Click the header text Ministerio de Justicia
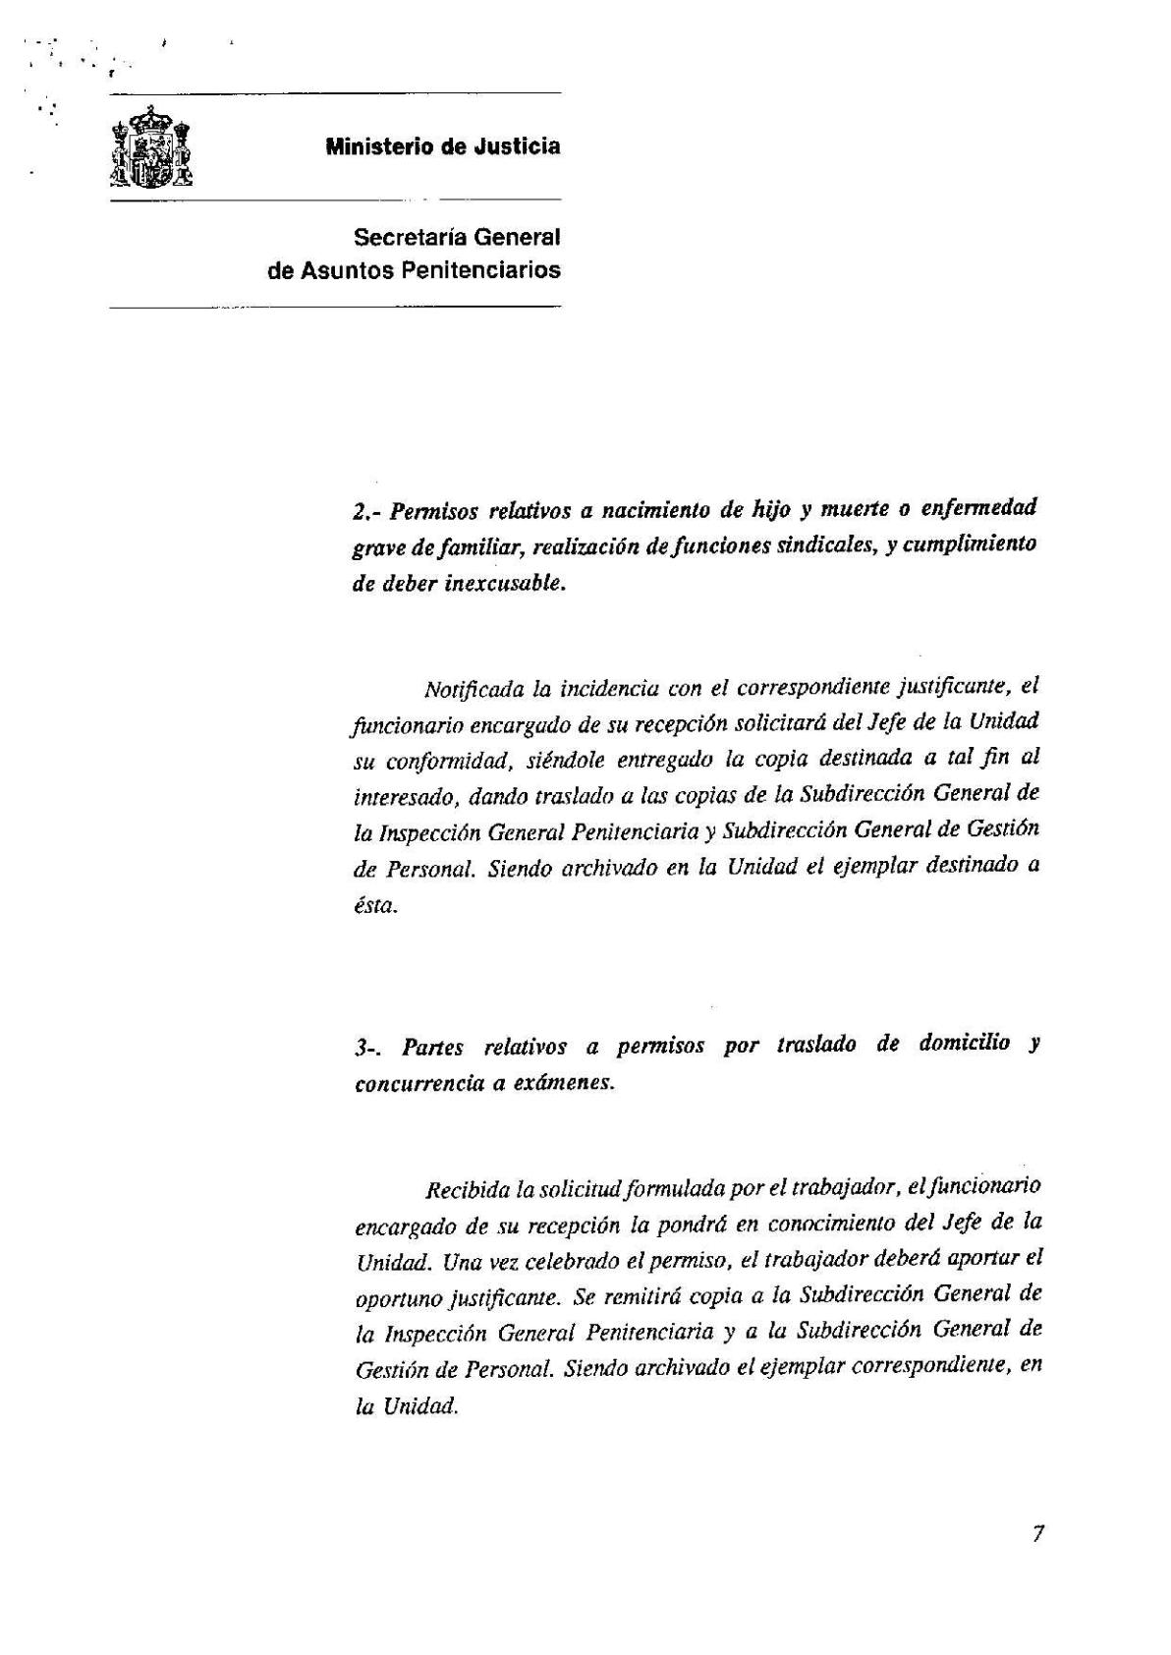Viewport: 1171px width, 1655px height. point(443,147)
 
